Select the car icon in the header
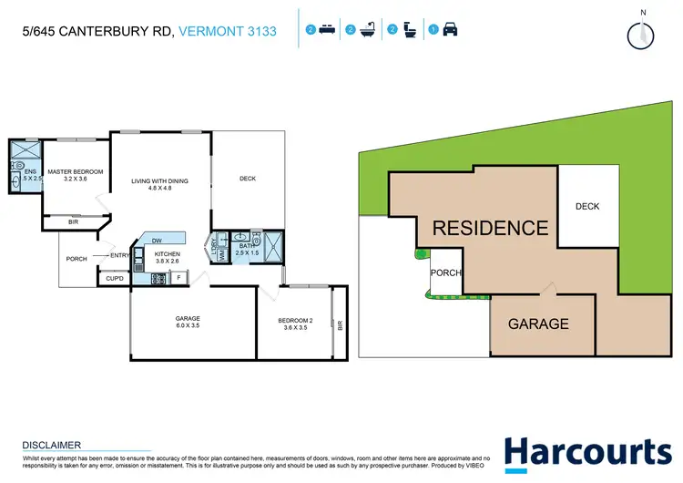[450, 30]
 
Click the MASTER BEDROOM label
[76, 171]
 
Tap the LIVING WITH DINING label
[159, 180]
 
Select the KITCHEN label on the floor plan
[168, 253]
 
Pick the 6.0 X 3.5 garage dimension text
[189, 326]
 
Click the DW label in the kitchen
[158, 240]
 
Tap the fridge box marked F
[178, 277]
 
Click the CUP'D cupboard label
[115, 278]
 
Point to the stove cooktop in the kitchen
[138, 278]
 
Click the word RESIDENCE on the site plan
[490, 228]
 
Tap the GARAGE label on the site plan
[538, 324]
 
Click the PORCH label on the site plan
[446, 273]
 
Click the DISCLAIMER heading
[52, 445]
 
